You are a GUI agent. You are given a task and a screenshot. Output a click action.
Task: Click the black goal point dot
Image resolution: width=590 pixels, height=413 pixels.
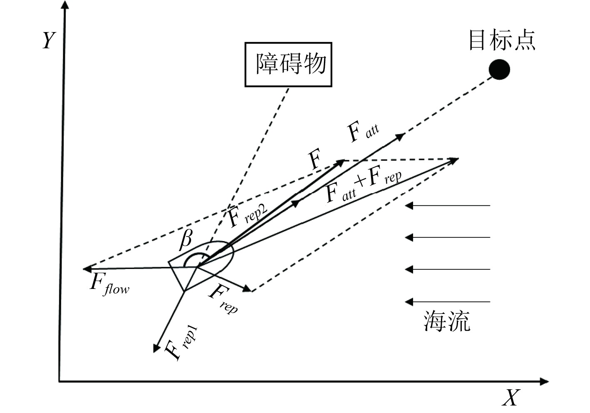click(499, 70)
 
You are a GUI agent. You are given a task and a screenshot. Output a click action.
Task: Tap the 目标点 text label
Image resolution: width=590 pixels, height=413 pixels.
click(502, 40)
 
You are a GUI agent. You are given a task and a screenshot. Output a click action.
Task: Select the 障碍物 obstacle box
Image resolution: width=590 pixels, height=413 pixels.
click(288, 65)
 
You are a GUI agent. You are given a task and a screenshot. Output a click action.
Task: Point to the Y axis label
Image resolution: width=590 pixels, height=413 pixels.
click(49, 40)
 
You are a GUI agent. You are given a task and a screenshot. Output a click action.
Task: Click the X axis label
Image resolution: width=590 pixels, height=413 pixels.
click(511, 397)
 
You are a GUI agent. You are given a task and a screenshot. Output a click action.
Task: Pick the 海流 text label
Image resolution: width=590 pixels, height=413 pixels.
click(447, 321)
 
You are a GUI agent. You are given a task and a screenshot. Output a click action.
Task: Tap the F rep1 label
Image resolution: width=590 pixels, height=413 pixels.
click(180, 344)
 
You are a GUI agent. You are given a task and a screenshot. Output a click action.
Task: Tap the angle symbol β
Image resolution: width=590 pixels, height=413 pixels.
click(186, 239)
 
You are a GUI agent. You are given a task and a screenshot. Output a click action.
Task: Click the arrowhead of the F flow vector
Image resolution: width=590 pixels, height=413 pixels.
click(86, 269)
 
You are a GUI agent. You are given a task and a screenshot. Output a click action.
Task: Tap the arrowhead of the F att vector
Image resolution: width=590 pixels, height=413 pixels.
click(400, 136)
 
